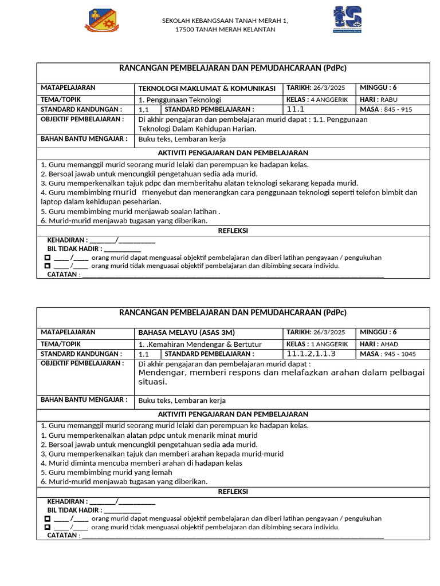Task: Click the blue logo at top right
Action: (347, 19)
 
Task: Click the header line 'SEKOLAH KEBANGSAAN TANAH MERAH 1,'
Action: (225, 21)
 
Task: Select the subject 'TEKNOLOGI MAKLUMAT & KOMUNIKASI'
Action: (207, 89)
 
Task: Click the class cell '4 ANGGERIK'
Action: (329, 100)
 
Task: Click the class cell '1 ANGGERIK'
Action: (329, 344)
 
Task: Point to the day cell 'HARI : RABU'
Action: (379, 100)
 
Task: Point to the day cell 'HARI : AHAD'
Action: (379, 344)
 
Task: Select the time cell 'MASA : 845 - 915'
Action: (386, 109)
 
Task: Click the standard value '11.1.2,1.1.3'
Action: (311, 354)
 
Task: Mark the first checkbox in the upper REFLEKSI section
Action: (47, 258)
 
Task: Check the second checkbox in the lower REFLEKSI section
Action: (47, 527)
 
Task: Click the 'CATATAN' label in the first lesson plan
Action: (63, 275)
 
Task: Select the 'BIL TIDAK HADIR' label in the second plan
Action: (74, 510)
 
